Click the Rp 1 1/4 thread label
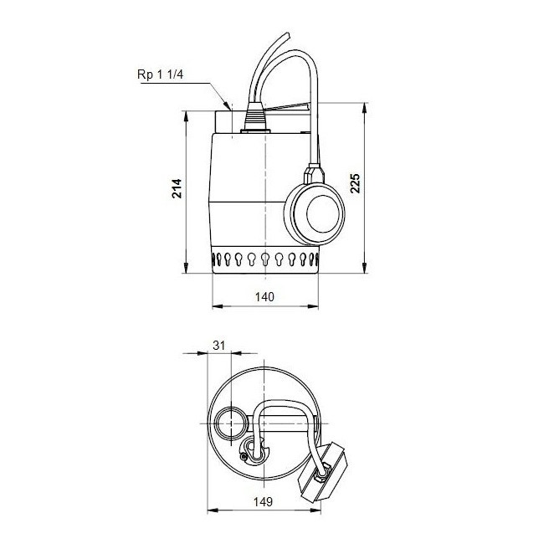(166, 74)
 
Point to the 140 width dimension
(265, 296)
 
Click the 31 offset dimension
(219, 344)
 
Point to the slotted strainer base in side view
(265, 260)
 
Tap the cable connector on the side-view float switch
(313, 174)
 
